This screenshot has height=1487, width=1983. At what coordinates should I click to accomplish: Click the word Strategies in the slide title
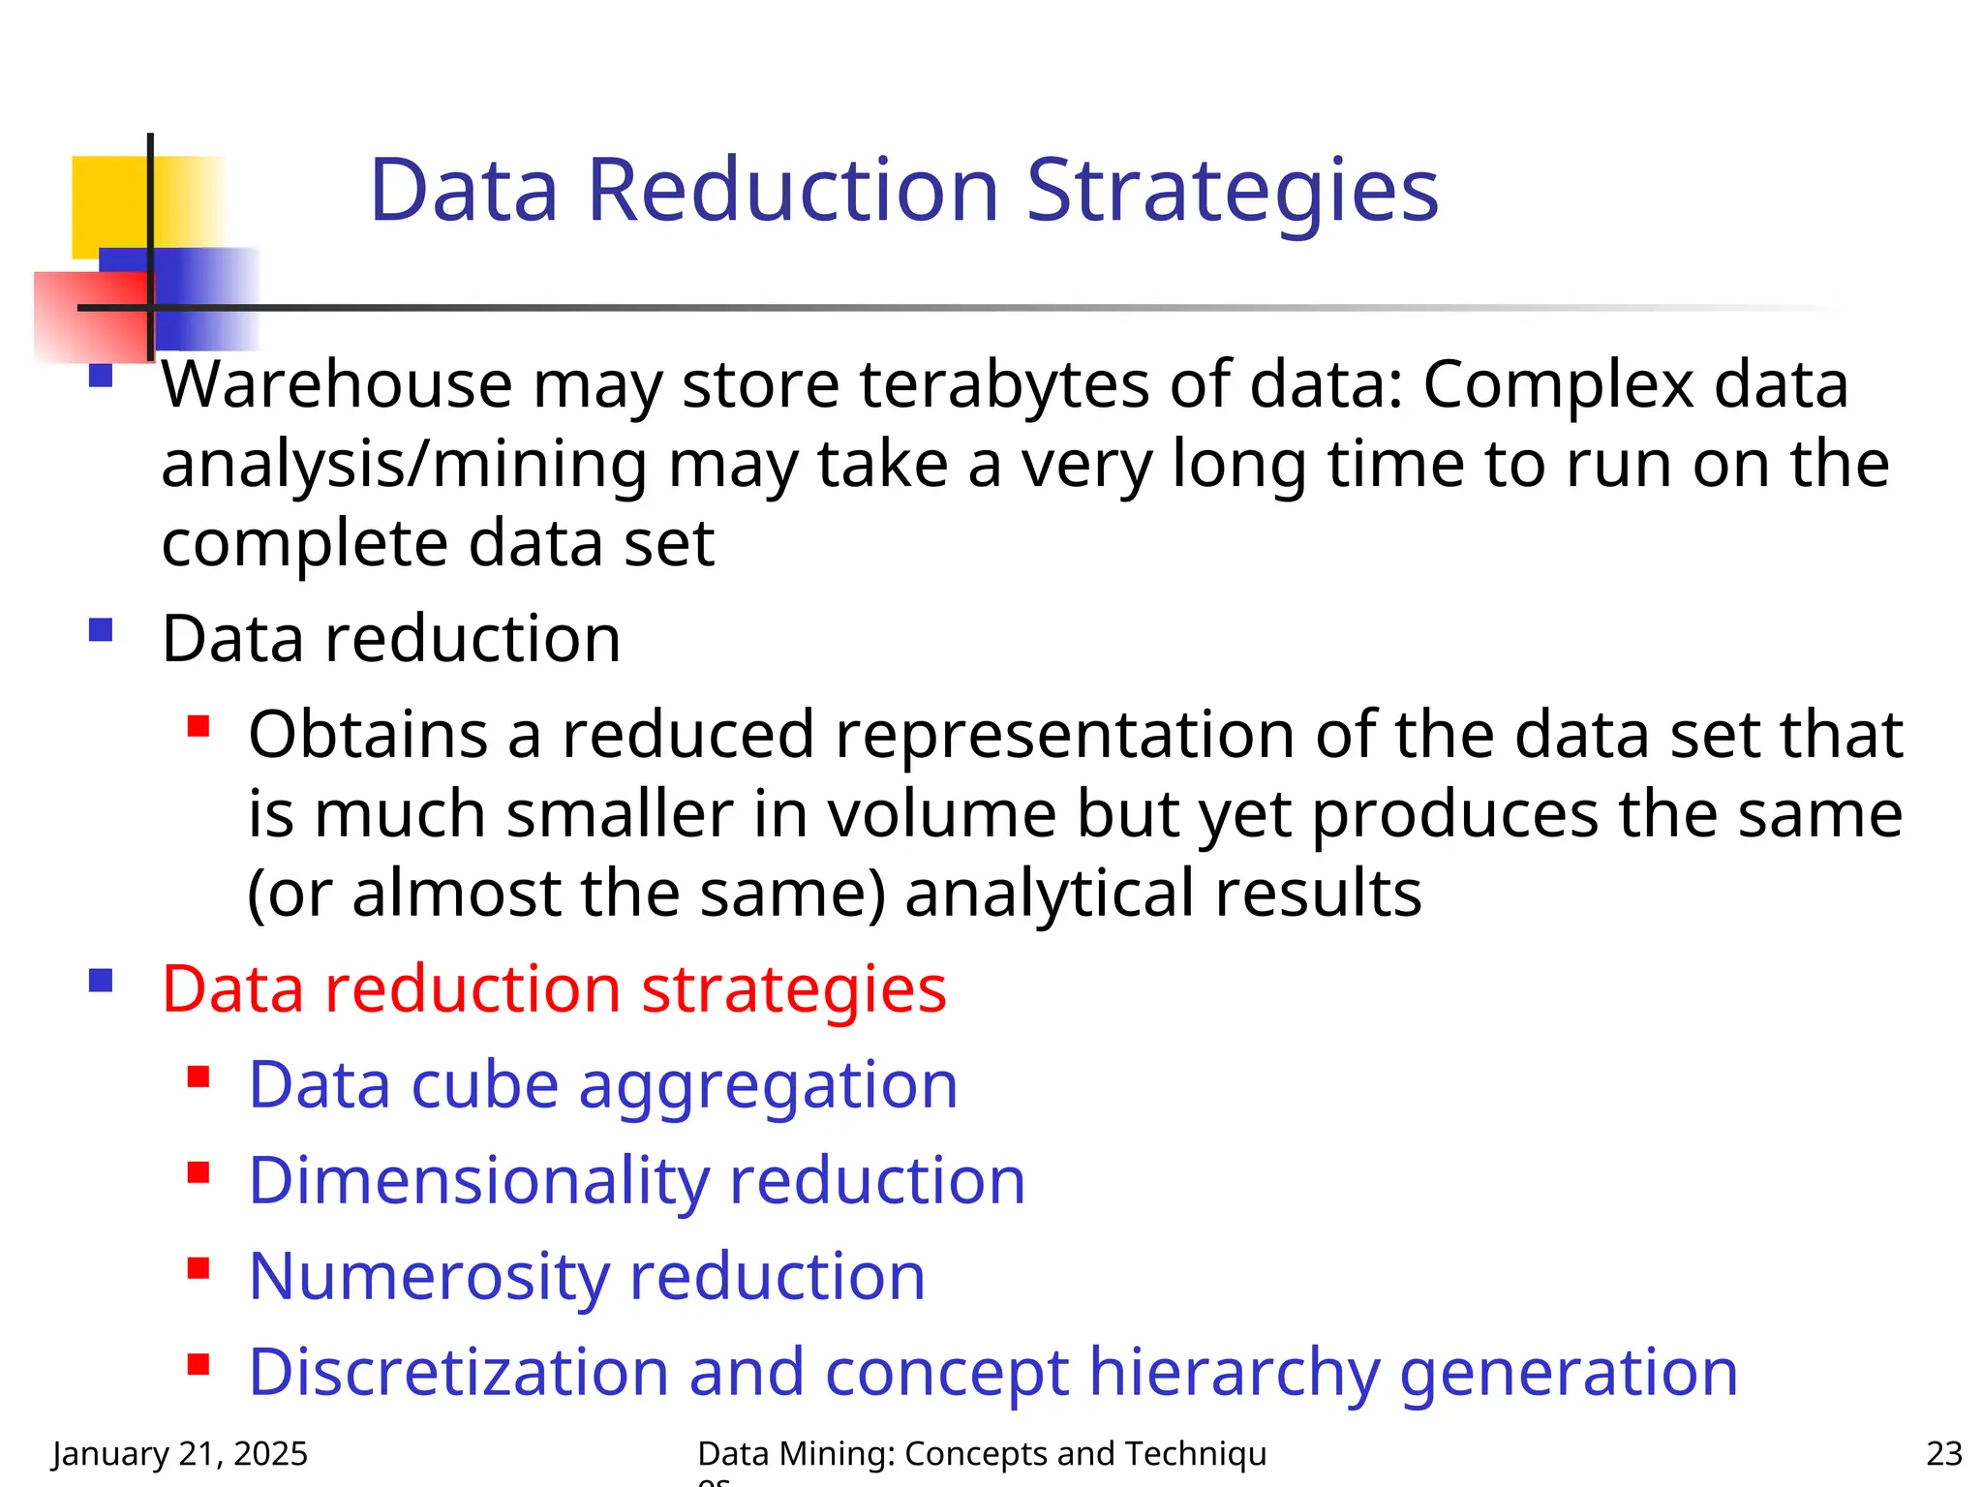pyautogui.click(x=1232, y=191)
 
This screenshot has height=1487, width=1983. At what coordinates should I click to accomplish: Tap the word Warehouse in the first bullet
pyautogui.click(x=336, y=385)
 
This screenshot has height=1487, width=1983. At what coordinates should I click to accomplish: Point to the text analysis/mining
pyautogui.click(x=404, y=465)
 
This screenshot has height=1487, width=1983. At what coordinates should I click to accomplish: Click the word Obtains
pyautogui.click(x=368, y=735)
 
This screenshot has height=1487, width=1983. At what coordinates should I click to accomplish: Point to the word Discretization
pyautogui.click(x=458, y=1373)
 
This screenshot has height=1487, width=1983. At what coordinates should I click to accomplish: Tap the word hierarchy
pyautogui.click(x=1234, y=1373)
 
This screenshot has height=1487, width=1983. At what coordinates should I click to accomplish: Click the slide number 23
pyautogui.click(x=1943, y=1454)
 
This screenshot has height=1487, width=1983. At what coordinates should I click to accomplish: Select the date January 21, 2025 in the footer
pyautogui.click(x=180, y=1454)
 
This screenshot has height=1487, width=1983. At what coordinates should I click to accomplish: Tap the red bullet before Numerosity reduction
pyautogui.click(x=198, y=1268)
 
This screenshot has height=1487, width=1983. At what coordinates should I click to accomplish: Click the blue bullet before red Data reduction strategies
pyautogui.click(x=101, y=982)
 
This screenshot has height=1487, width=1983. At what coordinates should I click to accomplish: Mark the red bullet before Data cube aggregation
pyautogui.click(x=198, y=1077)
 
